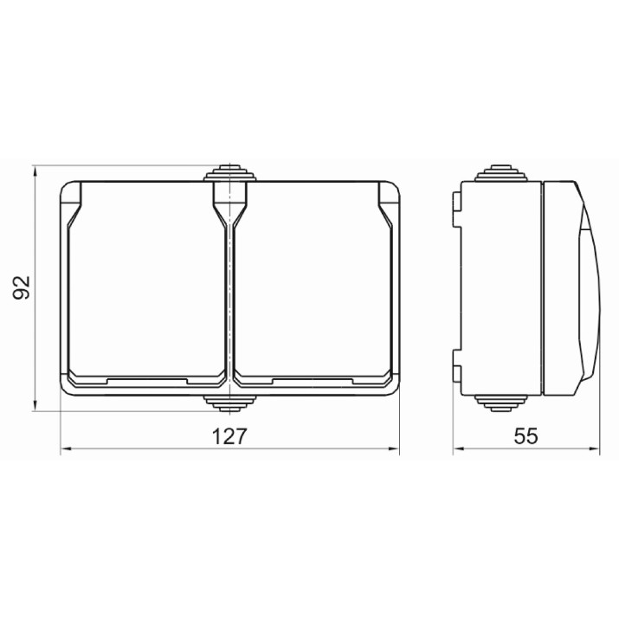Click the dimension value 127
pos(229,436)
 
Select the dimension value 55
pos(526,436)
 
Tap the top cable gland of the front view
pos(229,173)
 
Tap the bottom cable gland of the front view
pos(229,403)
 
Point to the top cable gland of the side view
pos(501,173)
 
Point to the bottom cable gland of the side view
pos(501,403)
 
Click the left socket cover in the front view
pos(147,283)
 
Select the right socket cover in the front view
pos(313,283)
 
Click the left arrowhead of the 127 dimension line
pos(66,448)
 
